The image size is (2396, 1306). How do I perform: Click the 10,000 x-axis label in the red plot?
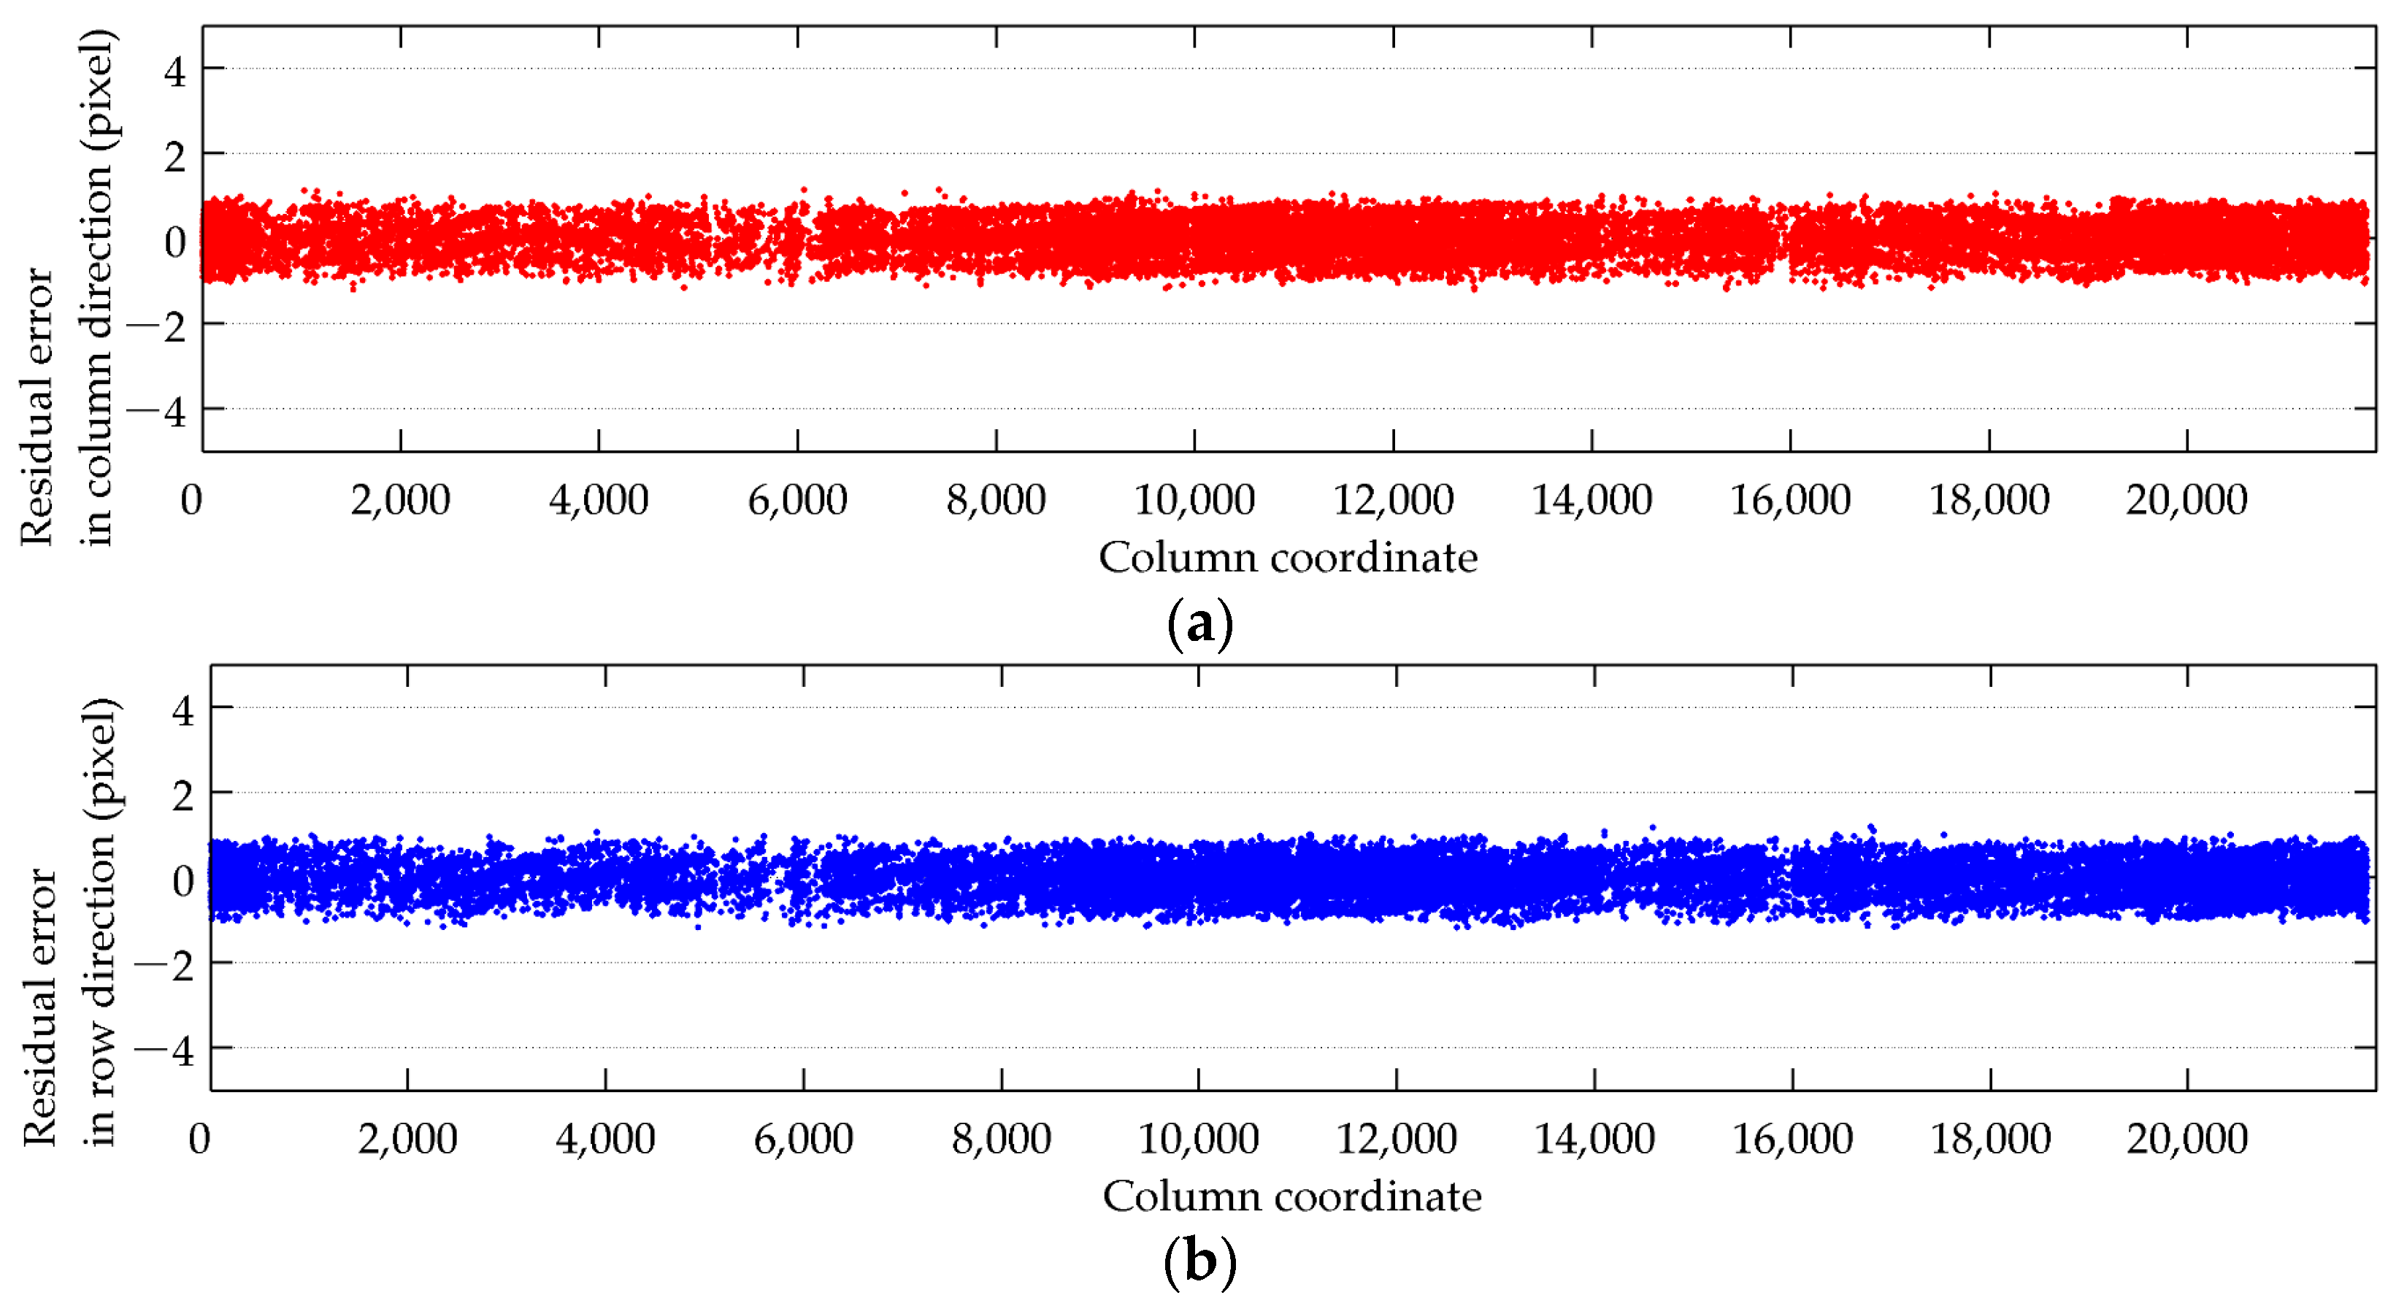[1194, 501]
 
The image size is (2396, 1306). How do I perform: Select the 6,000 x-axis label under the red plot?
[797, 501]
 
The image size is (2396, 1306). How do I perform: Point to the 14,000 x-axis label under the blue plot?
[1594, 1139]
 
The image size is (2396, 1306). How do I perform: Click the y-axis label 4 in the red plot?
[175, 72]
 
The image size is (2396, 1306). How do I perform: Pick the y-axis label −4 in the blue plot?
[165, 1052]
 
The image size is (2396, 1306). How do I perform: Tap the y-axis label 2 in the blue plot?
[183, 796]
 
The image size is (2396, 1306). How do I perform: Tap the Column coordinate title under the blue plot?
[1292, 1197]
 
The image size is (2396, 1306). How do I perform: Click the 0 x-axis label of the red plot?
[191, 501]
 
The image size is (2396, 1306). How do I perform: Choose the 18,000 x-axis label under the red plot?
[1989, 501]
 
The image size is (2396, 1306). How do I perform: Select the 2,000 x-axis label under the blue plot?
[407, 1139]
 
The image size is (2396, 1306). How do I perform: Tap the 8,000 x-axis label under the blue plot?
[1001, 1139]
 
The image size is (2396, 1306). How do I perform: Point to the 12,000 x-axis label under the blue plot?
[1396, 1139]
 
